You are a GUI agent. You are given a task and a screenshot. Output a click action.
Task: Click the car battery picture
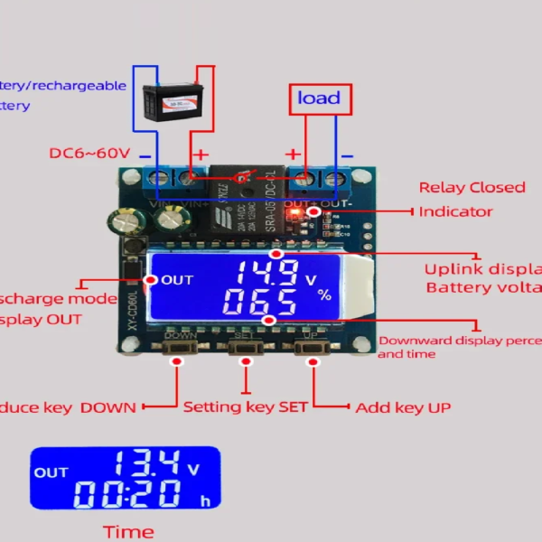point(174,99)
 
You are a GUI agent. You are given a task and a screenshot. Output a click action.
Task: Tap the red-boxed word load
point(319,98)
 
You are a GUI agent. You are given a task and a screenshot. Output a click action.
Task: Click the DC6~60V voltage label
point(89,154)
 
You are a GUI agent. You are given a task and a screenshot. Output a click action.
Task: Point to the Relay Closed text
point(472,188)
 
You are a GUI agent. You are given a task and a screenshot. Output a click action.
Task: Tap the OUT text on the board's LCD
point(177,280)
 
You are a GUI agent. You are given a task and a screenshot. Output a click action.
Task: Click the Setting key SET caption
point(246,407)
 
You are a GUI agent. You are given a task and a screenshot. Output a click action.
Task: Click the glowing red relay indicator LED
point(312,212)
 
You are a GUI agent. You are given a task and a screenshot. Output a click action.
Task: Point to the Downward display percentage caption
point(459,347)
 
